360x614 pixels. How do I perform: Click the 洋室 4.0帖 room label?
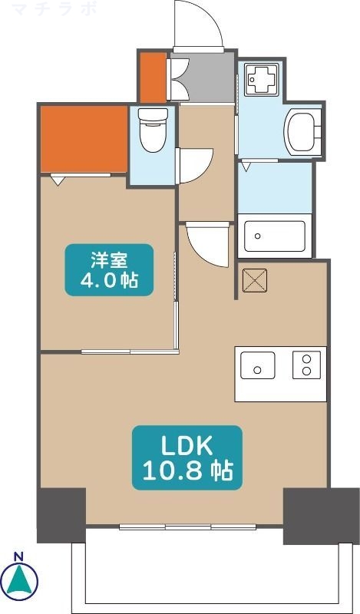(x=108, y=269)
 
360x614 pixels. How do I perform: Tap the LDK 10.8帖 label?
(x=188, y=457)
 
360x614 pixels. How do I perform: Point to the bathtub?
(x=275, y=238)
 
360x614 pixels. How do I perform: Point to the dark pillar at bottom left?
(x=61, y=515)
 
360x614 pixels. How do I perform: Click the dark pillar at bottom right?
(x=309, y=515)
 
